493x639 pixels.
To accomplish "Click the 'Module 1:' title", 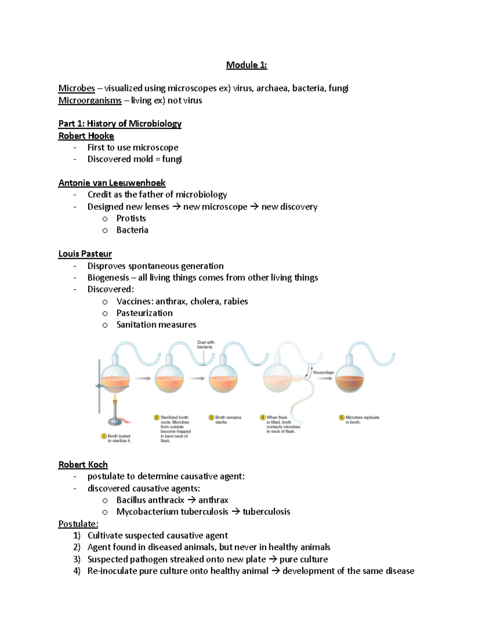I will [246, 65].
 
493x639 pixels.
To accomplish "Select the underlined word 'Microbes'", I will [76, 88].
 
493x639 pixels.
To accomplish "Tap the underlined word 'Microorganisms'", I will [90, 100].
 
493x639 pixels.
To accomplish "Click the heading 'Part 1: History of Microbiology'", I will [120, 124].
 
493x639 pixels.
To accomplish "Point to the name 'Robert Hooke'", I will [86, 136].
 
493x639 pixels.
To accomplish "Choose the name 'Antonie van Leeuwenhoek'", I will [112, 183].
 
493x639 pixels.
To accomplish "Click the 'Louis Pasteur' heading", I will [85, 254].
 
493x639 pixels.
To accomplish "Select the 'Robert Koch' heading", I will [83, 465].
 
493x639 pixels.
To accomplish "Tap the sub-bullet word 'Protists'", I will [131, 218].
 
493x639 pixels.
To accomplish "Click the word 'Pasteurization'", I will [144, 313].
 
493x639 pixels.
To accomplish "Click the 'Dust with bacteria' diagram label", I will [205, 344].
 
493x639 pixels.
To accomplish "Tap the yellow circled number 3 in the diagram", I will [212, 418].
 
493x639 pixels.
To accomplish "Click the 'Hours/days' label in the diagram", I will [324, 372].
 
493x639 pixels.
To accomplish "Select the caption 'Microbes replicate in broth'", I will [362, 420].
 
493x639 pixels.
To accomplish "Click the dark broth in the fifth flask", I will [349, 385].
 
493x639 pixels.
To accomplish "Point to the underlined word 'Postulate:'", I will [78, 524].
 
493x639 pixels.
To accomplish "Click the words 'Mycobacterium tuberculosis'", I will [172, 512].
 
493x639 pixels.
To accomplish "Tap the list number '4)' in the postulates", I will [77, 571].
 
